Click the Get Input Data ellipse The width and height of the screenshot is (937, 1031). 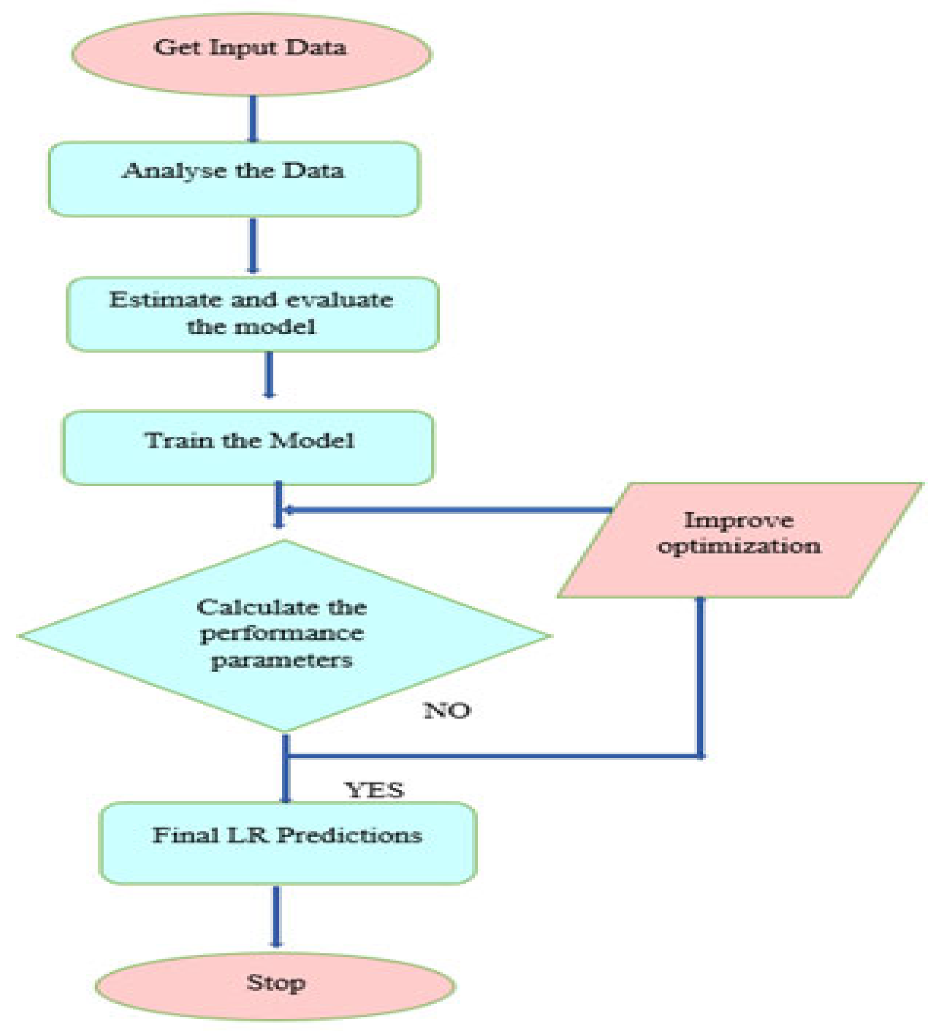(x=251, y=54)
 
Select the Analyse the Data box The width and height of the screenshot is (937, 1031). (x=234, y=179)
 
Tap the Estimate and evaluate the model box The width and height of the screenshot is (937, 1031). (x=252, y=314)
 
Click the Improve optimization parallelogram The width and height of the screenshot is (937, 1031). (x=739, y=540)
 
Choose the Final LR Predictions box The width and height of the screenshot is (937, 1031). (x=288, y=843)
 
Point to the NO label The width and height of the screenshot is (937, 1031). (x=447, y=710)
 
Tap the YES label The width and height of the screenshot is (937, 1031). (x=375, y=790)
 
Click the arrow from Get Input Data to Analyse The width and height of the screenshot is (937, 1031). (x=253, y=119)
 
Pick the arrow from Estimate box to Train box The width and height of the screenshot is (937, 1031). (x=270, y=375)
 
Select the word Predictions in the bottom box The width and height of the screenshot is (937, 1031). (x=350, y=835)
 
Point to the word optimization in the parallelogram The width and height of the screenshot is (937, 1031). (x=739, y=546)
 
